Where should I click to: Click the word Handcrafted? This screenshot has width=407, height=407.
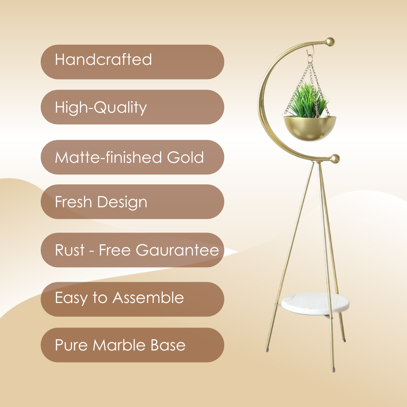[103, 60]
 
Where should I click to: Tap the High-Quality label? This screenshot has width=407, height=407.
[101, 108]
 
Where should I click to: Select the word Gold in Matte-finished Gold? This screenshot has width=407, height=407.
[185, 157]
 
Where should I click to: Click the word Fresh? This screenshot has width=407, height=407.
[73, 202]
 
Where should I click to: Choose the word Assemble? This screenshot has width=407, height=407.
[148, 298]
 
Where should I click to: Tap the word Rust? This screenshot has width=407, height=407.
[70, 250]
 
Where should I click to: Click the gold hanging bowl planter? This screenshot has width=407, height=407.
[310, 128]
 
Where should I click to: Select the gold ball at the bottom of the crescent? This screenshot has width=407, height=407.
[335, 159]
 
